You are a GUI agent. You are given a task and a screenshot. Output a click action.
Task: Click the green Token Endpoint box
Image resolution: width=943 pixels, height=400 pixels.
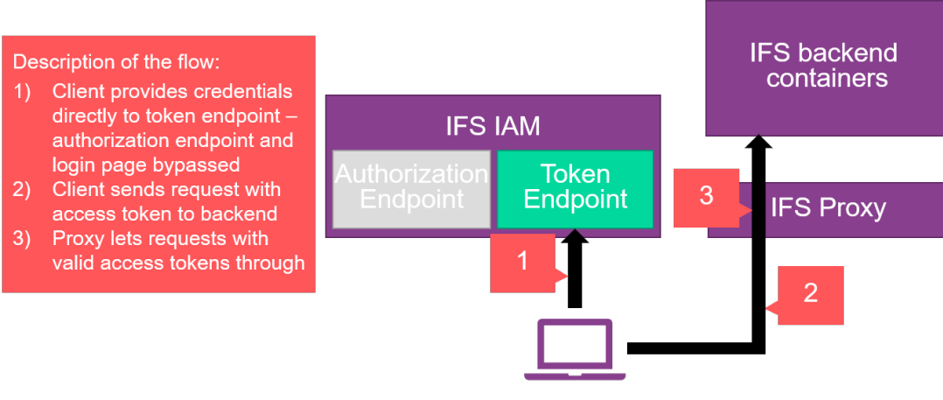click(x=575, y=189)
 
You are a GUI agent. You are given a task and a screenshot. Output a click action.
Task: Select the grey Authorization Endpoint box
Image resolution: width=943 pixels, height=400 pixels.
click(x=411, y=189)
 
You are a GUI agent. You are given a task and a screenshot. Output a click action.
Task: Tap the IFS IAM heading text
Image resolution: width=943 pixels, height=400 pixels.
click(x=492, y=126)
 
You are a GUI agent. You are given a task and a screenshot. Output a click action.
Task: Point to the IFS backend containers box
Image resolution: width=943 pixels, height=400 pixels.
click(x=823, y=67)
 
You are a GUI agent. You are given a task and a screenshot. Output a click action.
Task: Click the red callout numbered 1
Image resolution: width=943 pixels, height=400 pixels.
click(x=522, y=262)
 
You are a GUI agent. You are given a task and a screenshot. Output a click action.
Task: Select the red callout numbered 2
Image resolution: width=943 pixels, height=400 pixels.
click(x=811, y=294)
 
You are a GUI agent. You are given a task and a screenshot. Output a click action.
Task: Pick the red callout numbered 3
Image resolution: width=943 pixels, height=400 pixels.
click(x=707, y=196)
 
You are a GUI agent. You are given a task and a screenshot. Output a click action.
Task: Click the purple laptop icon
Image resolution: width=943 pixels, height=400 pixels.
click(x=575, y=349)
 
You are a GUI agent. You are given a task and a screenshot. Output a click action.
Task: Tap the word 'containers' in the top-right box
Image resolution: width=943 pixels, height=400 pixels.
click(x=828, y=79)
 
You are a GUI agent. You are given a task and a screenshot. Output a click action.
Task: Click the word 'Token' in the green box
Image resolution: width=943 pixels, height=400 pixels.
click(x=575, y=173)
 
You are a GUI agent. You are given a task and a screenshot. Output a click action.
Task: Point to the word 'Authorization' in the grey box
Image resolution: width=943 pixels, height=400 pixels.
click(x=411, y=173)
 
